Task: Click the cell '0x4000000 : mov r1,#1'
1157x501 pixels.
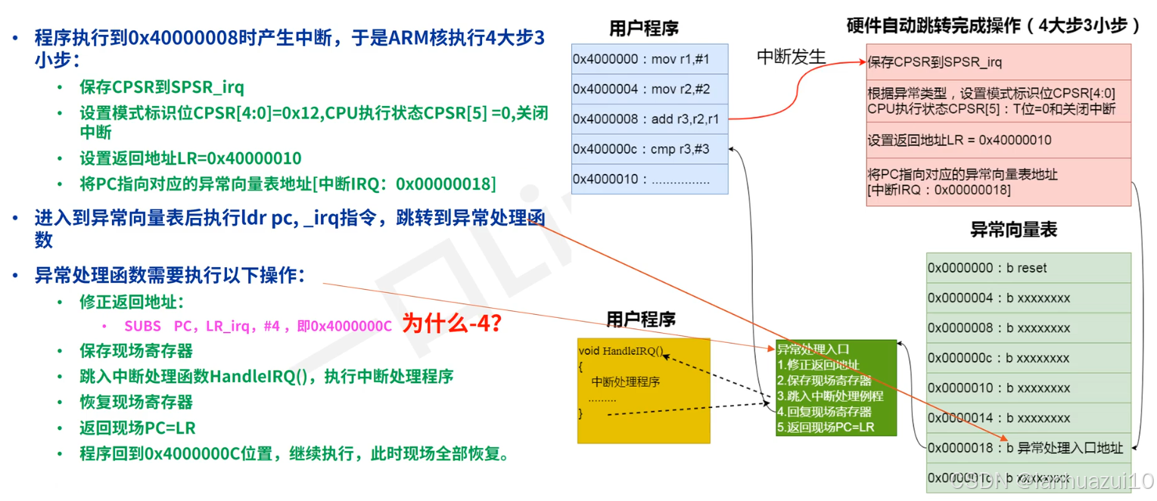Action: [649, 58]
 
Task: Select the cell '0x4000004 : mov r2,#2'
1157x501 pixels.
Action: [649, 89]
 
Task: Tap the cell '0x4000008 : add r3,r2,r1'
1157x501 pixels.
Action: [649, 119]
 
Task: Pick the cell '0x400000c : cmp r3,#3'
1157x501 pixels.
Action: [649, 149]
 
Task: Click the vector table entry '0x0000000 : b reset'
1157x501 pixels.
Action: [1028, 268]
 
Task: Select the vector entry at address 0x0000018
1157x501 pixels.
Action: [1028, 448]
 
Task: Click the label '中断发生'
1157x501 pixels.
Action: [792, 57]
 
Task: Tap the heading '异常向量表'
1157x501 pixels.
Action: [1013, 230]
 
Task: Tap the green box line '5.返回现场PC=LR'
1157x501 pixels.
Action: [826, 427]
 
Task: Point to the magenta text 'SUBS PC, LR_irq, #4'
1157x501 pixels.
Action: [202, 326]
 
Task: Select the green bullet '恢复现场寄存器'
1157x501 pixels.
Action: [136, 402]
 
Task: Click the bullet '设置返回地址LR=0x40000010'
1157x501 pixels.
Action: [190, 158]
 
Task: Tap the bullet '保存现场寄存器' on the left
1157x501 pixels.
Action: [136, 350]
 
